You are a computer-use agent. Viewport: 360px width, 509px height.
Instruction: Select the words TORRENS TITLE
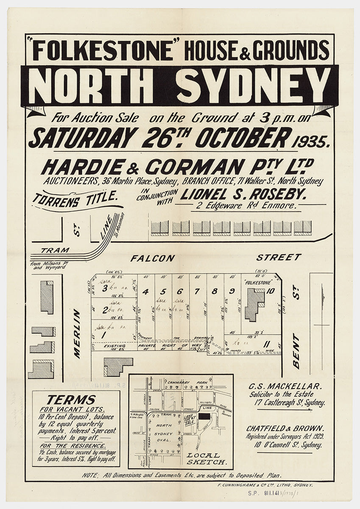click(x=75, y=199)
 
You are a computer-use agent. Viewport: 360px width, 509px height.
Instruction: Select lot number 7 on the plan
click(x=197, y=291)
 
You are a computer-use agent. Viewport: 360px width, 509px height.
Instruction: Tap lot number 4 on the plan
click(x=145, y=291)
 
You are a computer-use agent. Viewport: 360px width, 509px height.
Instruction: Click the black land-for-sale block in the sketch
click(x=204, y=417)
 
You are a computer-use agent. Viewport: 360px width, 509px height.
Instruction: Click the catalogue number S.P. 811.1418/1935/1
click(x=280, y=493)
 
